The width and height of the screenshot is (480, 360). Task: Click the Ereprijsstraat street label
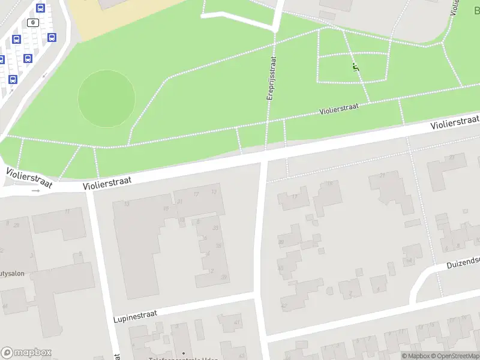tap(271, 78)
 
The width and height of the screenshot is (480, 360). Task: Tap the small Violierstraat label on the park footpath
tap(339, 109)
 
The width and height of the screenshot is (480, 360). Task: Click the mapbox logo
tap(26, 352)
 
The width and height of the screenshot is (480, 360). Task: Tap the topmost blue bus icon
tap(40, 8)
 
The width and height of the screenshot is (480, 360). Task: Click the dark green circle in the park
tap(106, 97)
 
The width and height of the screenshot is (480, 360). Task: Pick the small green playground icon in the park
tap(355, 67)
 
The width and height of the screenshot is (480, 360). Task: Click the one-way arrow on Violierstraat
tap(35, 191)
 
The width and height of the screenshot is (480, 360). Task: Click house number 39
tap(223, 277)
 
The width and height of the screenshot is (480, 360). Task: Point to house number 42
tap(283, 305)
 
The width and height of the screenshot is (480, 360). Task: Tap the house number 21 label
tap(382, 175)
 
